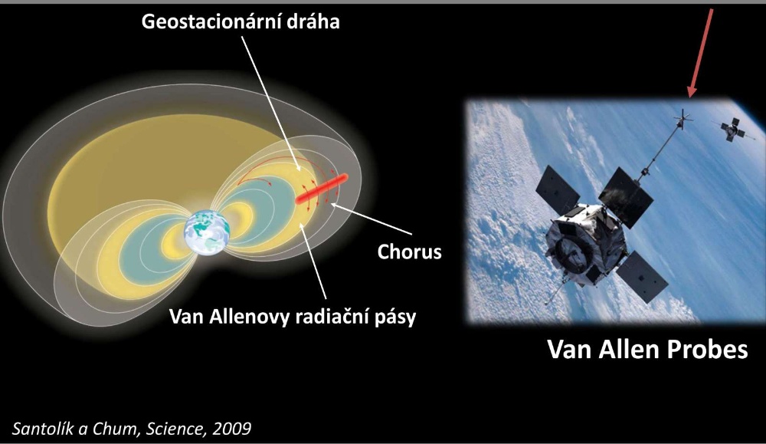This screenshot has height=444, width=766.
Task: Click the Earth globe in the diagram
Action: pyautogui.click(x=207, y=232)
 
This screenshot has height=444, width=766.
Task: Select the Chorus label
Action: pyautogui.click(x=409, y=252)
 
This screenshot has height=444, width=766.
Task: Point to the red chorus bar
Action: pyautogui.click(x=322, y=189)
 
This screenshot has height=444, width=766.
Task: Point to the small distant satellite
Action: pyautogui.click(x=732, y=129)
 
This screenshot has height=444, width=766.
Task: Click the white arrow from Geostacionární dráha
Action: pyautogui.click(x=271, y=104)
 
